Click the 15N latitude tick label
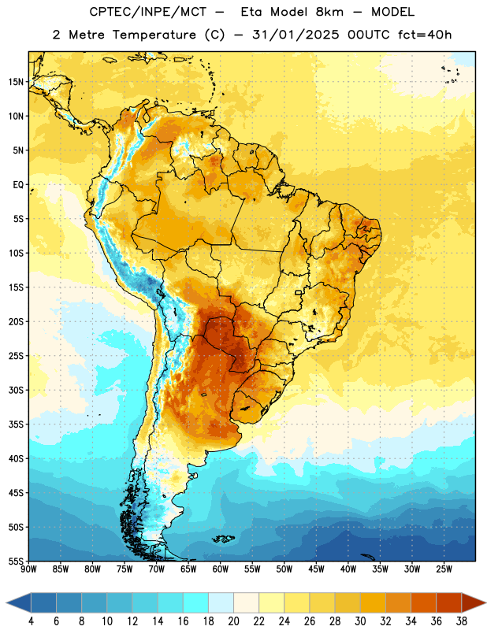tap(16, 82)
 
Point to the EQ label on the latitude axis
tap(18, 185)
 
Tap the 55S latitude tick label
tap(16, 561)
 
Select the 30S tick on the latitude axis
tap(16, 390)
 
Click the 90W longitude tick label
tap(29, 569)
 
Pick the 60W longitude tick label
tap(221, 569)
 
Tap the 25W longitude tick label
tap(444, 569)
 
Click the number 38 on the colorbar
tap(462, 621)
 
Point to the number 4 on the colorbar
tap(31, 621)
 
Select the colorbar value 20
tap(233, 621)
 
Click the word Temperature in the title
tap(154, 35)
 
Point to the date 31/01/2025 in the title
tap(296, 35)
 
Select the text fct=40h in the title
tap(425, 35)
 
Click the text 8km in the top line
tap(329, 12)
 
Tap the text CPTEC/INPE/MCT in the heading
tap(147, 12)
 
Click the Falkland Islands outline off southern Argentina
tap(224, 539)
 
